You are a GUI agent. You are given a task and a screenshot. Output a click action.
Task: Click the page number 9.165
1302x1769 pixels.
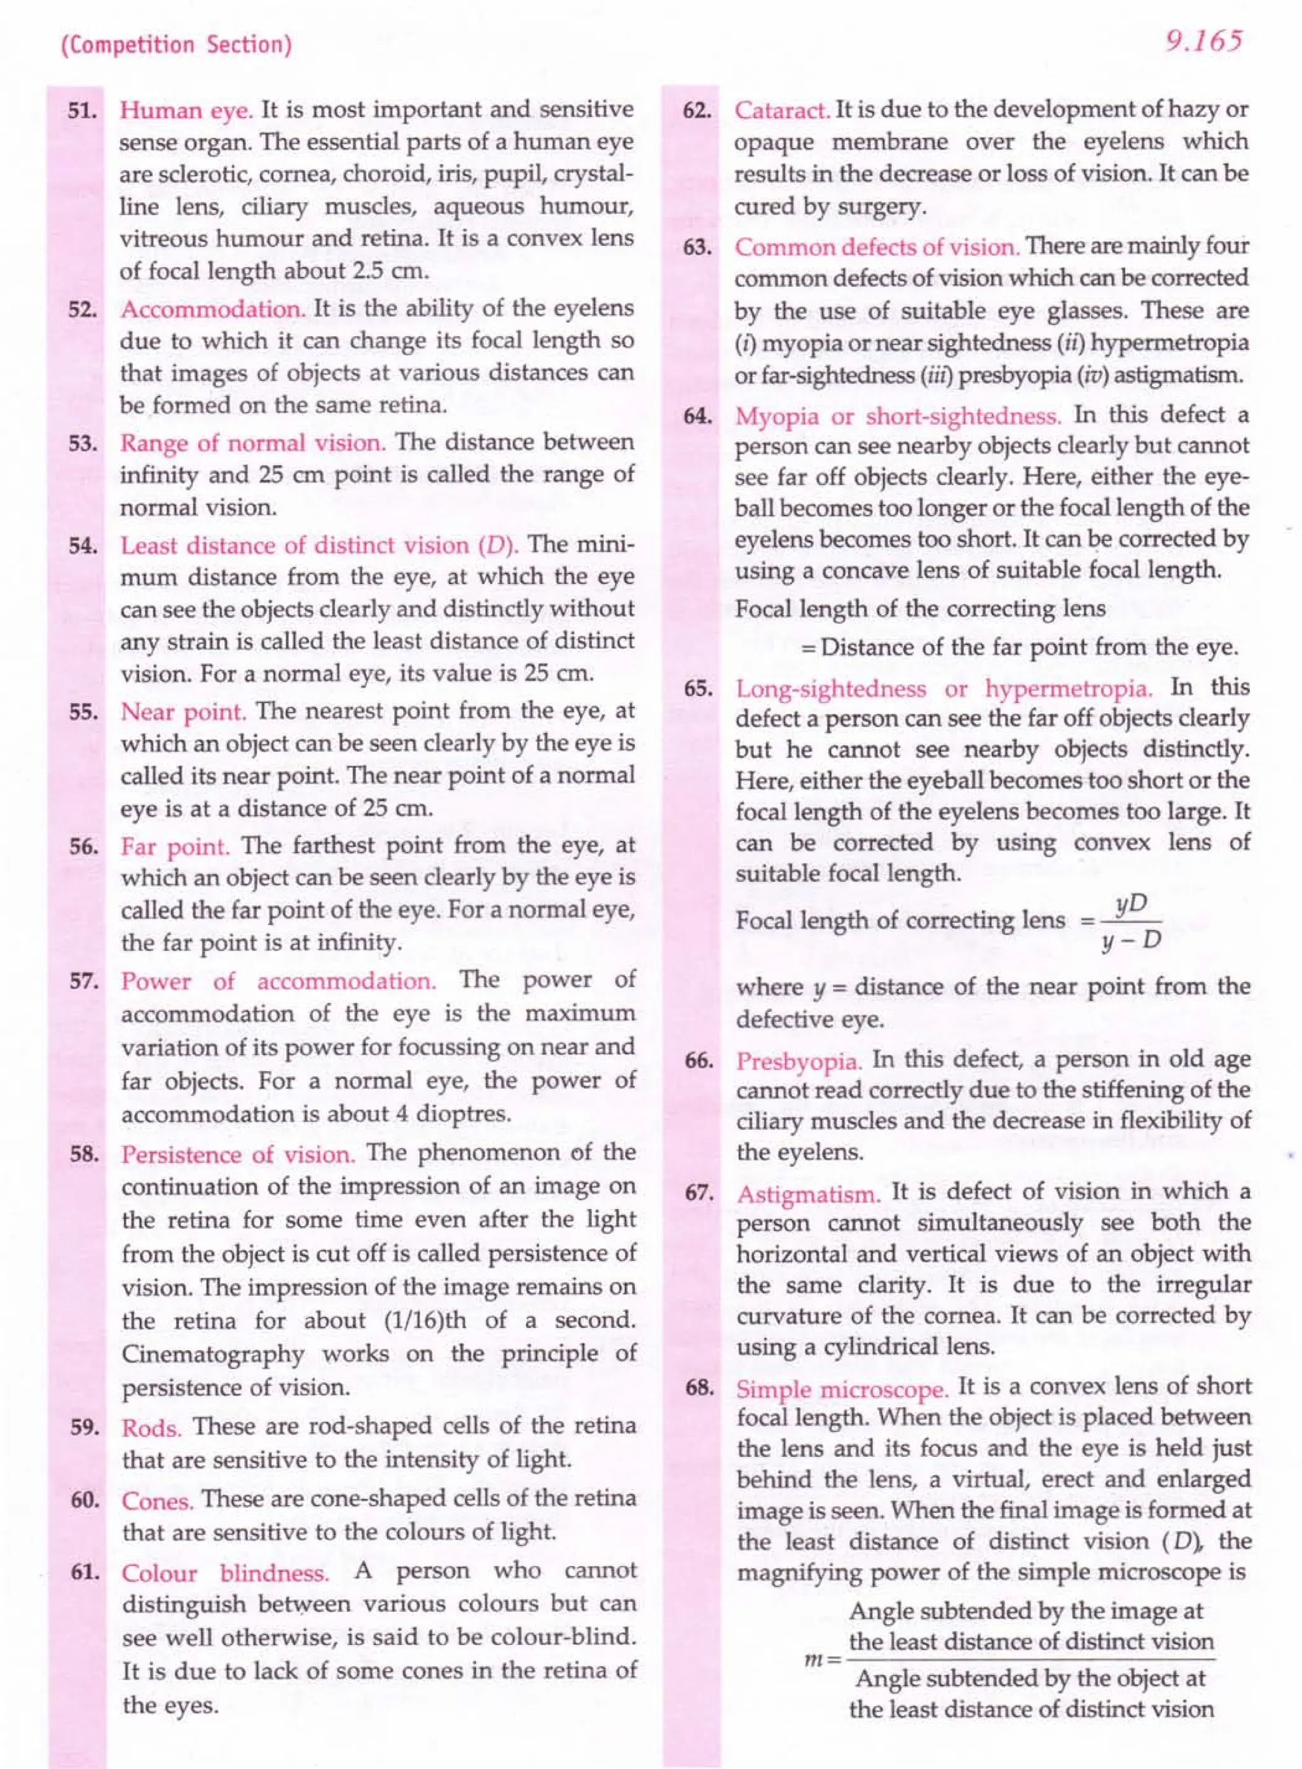tap(1203, 41)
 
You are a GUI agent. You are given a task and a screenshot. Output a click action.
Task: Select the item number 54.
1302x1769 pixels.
tap(83, 546)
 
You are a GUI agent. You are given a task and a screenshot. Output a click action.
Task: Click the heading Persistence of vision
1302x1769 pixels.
tap(238, 1155)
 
